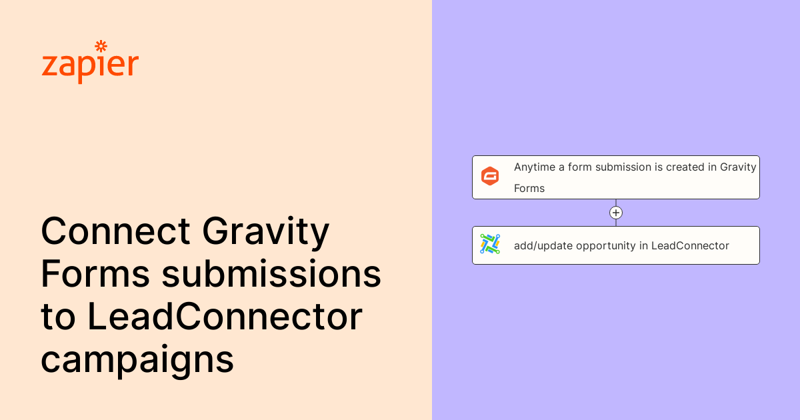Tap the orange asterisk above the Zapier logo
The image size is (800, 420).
(x=101, y=46)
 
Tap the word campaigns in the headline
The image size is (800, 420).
(x=137, y=360)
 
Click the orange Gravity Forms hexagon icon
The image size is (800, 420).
(x=490, y=177)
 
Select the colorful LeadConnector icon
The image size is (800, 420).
(x=490, y=245)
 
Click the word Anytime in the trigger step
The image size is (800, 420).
(x=535, y=167)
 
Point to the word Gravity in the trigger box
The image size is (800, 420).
(x=738, y=167)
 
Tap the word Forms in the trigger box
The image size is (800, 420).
(x=529, y=189)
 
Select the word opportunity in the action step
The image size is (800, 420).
(x=606, y=246)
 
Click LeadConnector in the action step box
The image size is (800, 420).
(x=690, y=246)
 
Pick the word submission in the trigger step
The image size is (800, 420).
(x=623, y=167)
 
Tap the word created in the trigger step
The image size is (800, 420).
(x=686, y=167)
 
